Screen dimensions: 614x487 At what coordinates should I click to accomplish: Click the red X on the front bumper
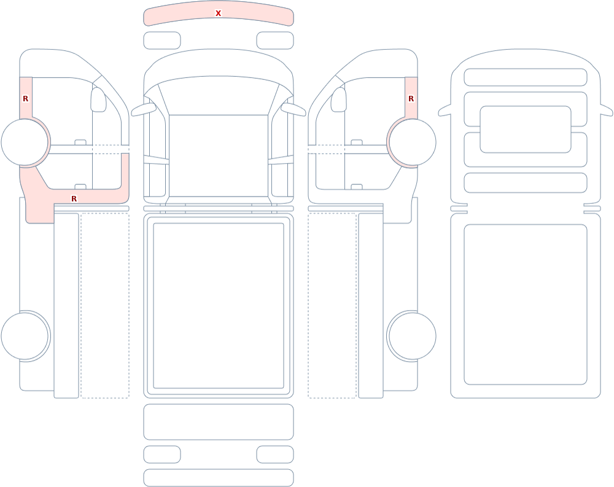(x=218, y=14)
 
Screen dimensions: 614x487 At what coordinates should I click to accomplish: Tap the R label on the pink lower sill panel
(x=74, y=199)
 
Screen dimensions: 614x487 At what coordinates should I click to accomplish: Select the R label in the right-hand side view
(x=411, y=99)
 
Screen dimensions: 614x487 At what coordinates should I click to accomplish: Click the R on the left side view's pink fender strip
(x=25, y=99)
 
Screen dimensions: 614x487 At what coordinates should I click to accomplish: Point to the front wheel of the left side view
(x=25, y=142)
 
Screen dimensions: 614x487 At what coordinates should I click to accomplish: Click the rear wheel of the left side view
(x=25, y=336)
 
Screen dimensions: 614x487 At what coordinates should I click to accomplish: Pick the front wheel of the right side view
(x=411, y=142)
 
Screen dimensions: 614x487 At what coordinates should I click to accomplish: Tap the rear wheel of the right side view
(x=411, y=336)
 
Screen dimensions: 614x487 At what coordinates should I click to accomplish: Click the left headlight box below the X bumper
(x=162, y=41)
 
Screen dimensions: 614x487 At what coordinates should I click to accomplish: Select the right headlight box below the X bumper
(x=275, y=41)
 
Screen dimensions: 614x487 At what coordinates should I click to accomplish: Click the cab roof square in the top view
(x=219, y=155)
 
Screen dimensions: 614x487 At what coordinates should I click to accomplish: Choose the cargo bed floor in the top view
(x=219, y=306)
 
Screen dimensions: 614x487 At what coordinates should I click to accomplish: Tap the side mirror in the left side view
(x=98, y=99)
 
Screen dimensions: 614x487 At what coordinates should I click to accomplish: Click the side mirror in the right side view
(x=339, y=99)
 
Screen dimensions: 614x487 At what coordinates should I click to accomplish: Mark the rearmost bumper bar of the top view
(x=219, y=478)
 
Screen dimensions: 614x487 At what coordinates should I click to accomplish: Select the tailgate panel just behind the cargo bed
(x=219, y=422)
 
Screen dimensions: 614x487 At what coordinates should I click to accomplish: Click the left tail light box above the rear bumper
(x=162, y=454)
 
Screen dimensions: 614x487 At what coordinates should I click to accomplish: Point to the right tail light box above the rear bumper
(x=275, y=454)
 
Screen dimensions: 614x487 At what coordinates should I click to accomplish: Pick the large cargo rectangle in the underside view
(x=526, y=305)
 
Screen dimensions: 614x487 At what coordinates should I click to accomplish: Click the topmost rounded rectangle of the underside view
(x=526, y=77)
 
